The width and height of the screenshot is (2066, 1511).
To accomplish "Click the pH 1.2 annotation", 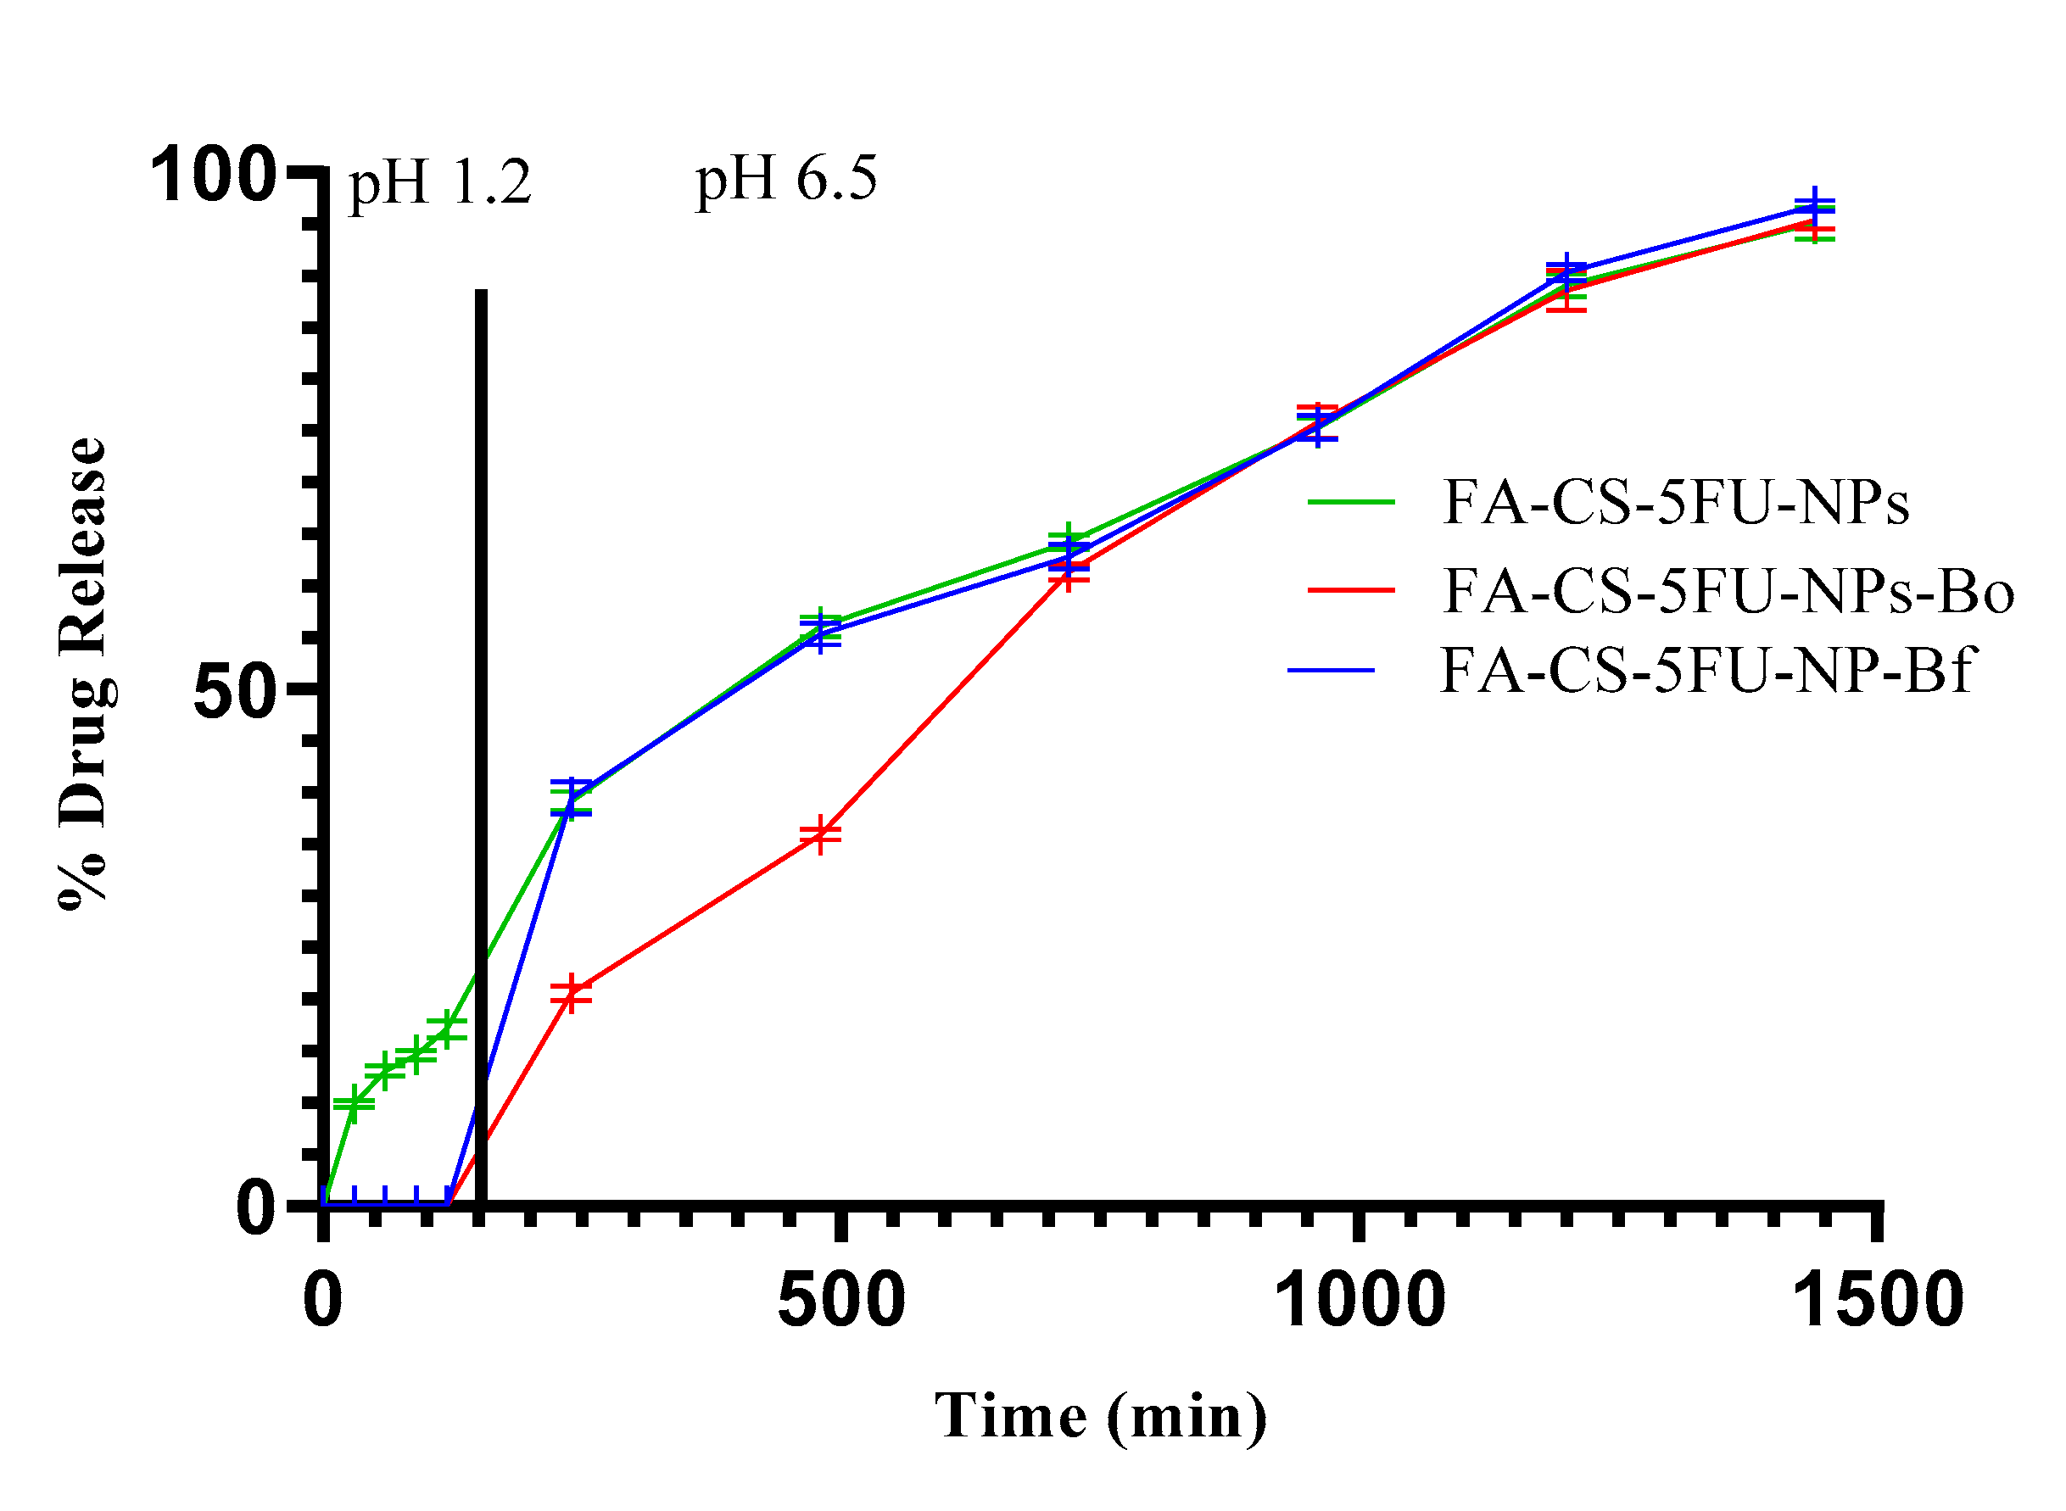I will coord(439,183).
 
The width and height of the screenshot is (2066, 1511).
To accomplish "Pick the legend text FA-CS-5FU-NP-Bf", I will coord(1707,670).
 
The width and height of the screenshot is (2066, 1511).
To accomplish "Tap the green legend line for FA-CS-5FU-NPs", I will coord(1350,501).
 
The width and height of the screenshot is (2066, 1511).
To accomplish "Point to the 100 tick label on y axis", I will coord(212,174).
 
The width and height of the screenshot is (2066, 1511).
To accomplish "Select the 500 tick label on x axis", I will coord(840,1300).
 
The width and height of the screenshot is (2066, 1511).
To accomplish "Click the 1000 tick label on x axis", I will coord(1360,1300).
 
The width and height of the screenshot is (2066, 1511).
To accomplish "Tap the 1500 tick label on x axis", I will coord(1879,1300).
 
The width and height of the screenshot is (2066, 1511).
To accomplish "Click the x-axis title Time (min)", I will coord(1101,1416).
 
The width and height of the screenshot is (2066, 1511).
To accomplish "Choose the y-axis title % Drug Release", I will coord(84,672).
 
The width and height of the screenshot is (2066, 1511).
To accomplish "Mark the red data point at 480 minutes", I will coord(821,834).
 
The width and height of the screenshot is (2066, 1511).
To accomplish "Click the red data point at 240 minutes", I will coord(571,992).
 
